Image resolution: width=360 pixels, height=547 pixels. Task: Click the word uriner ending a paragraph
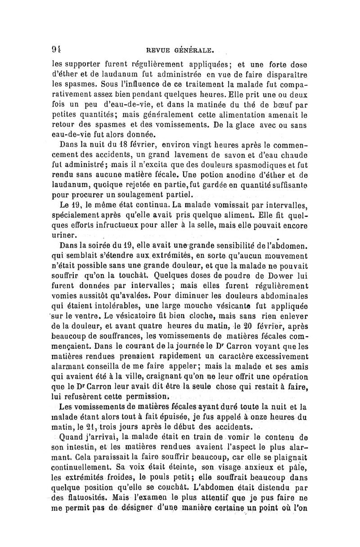pos(67,235)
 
